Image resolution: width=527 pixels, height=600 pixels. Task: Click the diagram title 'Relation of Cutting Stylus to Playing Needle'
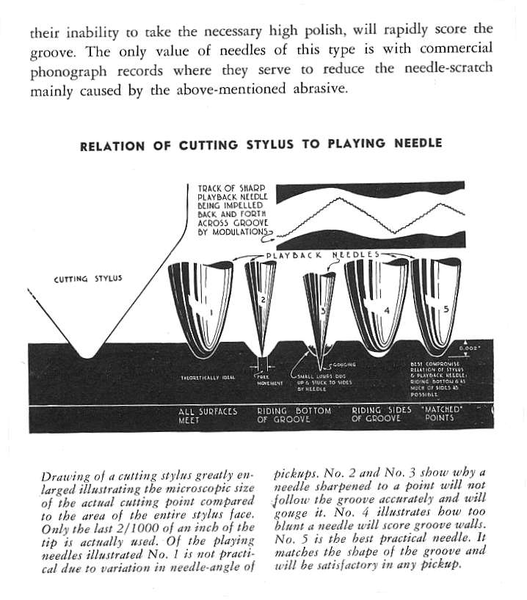[x=261, y=144]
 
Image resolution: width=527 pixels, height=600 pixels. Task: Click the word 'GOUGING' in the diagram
[x=345, y=364]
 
